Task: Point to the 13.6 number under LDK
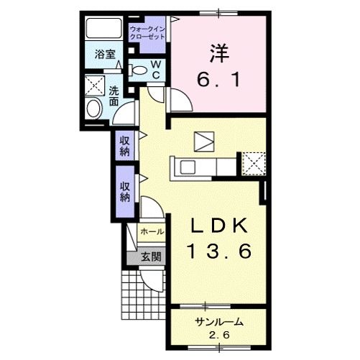pyautogui.click(x=218, y=252)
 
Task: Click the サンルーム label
pyautogui.click(x=218, y=323)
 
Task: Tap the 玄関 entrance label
pyautogui.click(x=150, y=257)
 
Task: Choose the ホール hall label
pyautogui.click(x=152, y=232)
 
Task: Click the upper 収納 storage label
pyautogui.click(x=124, y=146)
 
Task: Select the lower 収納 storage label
pyautogui.click(x=124, y=191)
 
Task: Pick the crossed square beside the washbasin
pyautogui.click(x=93, y=84)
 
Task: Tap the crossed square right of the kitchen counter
pyautogui.click(x=254, y=162)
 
